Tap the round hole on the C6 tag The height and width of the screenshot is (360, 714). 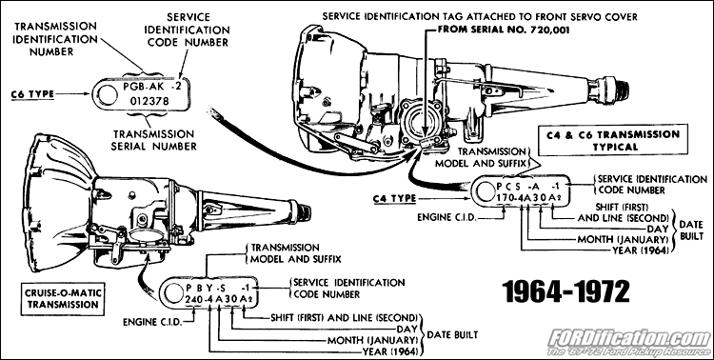(x=105, y=92)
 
